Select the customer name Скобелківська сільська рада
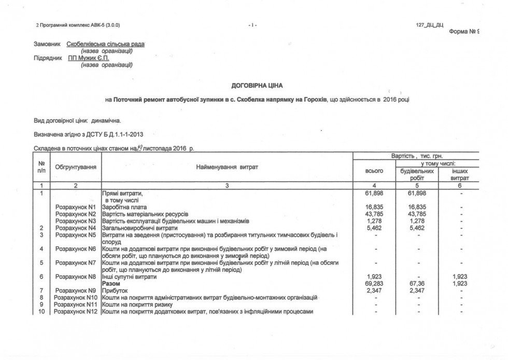click(x=106, y=44)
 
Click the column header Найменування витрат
click(x=227, y=167)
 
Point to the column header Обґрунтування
click(x=75, y=167)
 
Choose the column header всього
click(x=374, y=170)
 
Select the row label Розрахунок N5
click(x=76, y=235)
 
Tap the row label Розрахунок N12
click(x=77, y=311)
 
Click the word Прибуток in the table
click(x=115, y=290)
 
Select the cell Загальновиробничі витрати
click(x=140, y=228)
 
